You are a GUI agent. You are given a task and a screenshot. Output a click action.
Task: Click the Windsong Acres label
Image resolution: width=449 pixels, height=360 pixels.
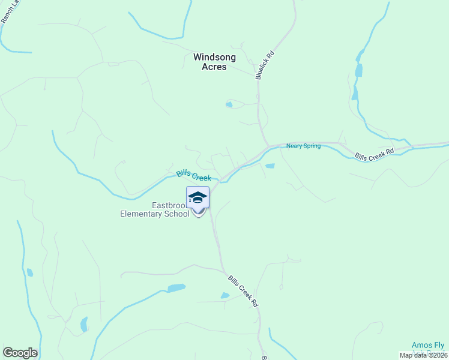coord(214,62)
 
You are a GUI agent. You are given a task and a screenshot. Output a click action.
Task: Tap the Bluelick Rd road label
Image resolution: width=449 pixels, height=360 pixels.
coord(265,65)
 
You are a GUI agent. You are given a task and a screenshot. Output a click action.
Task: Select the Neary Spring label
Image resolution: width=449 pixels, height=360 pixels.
coord(303,146)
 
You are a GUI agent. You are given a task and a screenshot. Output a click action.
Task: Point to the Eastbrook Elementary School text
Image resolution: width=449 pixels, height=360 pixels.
coord(155,209)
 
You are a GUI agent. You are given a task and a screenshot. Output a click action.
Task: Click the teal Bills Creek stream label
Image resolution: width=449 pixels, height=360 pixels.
coord(194,175)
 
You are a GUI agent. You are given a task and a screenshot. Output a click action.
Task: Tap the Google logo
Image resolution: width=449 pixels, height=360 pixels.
coord(20,353)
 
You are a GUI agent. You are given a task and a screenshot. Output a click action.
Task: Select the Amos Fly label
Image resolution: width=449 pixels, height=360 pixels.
coord(428,345)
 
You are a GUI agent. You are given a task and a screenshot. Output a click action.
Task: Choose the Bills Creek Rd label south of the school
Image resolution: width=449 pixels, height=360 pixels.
coord(243,291)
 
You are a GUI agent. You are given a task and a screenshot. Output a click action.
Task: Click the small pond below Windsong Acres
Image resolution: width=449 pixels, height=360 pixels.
coord(229,105)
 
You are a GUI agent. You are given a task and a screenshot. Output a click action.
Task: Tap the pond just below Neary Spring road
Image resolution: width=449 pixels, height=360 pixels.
coord(270,166)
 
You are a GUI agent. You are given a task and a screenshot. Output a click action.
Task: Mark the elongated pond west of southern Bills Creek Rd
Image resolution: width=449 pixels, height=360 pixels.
coord(176,288)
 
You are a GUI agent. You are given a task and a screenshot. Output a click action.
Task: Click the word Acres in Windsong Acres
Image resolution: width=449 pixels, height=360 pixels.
coord(214,67)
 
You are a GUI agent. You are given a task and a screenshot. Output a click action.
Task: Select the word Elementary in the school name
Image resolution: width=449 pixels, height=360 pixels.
coord(142,214)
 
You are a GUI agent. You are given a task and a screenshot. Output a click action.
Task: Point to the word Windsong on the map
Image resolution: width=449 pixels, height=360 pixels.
coord(214,57)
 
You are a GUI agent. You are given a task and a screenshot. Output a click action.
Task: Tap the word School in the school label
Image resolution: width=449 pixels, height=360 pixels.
coord(177,214)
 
